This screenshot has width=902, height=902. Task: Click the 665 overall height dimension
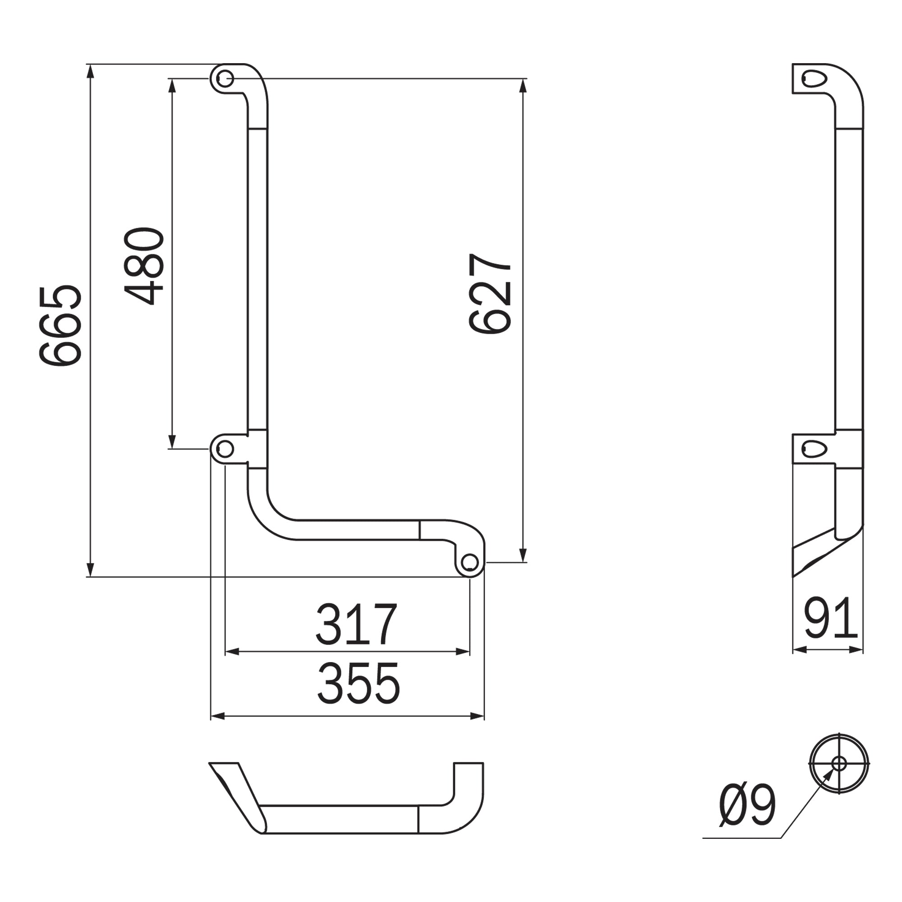pos(61,326)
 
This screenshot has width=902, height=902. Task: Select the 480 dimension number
pos(144,266)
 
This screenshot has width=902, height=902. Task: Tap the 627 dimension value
pos(490,294)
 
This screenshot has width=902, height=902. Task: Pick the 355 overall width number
pos(359,684)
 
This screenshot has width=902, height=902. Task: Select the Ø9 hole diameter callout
pos(747,806)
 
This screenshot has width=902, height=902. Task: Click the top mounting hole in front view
pos(225,78)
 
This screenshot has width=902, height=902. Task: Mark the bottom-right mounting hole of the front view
pos(469,562)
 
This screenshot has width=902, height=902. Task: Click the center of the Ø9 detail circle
pos(839,764)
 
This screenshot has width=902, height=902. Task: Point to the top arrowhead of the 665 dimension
pos(91,70)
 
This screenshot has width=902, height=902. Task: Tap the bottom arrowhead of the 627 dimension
pos(523,556)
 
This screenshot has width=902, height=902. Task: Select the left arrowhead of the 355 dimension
pos(217,716)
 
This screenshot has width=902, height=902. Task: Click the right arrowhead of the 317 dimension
pos(463,652)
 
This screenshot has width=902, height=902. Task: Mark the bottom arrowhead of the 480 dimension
pos(172,442)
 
